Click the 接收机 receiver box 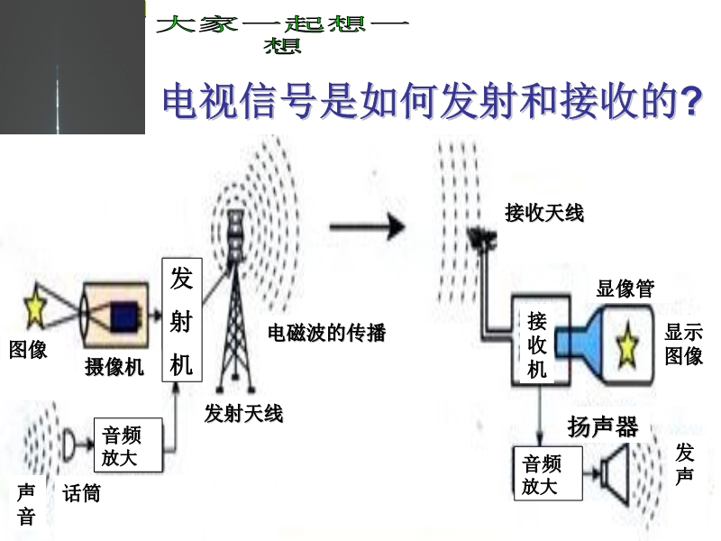[x=537, y=345]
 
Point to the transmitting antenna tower [x=234, y=298]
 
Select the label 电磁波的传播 [x=326, y=333]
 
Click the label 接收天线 [x=544, y=213]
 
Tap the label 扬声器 [x=603, y=426]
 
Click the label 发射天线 [x=243, y=414]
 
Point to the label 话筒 [x=81, y=493]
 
